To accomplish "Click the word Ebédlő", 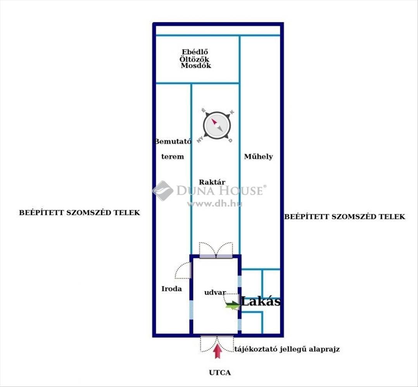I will point(195,52).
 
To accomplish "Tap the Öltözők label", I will point(195,59).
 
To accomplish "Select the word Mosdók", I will point(196,66).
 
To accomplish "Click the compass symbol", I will point(217,125).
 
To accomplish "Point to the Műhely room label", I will point(258,157).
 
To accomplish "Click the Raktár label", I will point(212,182).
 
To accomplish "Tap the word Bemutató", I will point(173,141).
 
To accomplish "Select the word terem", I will point(173,157).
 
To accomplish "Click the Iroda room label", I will point(171,289).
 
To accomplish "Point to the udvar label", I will point(215,293).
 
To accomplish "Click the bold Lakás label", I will point(261,302).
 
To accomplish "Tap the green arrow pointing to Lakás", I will point(233,305).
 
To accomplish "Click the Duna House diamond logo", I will point(163,190).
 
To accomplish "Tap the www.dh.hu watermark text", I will point(214,204).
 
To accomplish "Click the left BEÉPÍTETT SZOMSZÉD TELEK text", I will point(79,213).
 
